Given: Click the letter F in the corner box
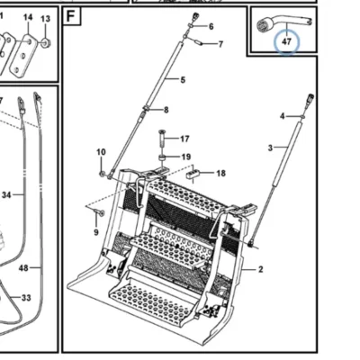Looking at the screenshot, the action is click(70, 16).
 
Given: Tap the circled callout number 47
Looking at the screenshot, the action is click(287, 41).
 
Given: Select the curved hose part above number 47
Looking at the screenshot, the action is click(283, 23).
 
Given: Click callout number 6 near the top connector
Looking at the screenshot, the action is click(211, 27).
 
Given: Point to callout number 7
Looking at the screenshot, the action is click(220, 44).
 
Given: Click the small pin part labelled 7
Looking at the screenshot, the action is click(198, 41).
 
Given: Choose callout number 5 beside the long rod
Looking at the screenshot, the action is click(183, 80).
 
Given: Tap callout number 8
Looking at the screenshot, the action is click(166, 110).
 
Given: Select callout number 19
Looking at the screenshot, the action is click(186, 157).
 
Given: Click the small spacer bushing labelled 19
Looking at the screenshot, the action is click(162, 157).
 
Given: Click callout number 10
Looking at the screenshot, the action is click(101, 152).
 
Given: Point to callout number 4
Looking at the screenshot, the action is click(282, 116).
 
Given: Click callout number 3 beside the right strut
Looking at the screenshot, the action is click(270, 148).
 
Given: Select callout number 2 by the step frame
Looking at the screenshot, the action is click(260, 269).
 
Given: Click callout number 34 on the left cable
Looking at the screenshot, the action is click(6, 195).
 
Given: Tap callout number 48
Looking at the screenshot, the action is click(23, 267).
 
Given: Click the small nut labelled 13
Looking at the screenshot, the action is click(46, 43).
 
